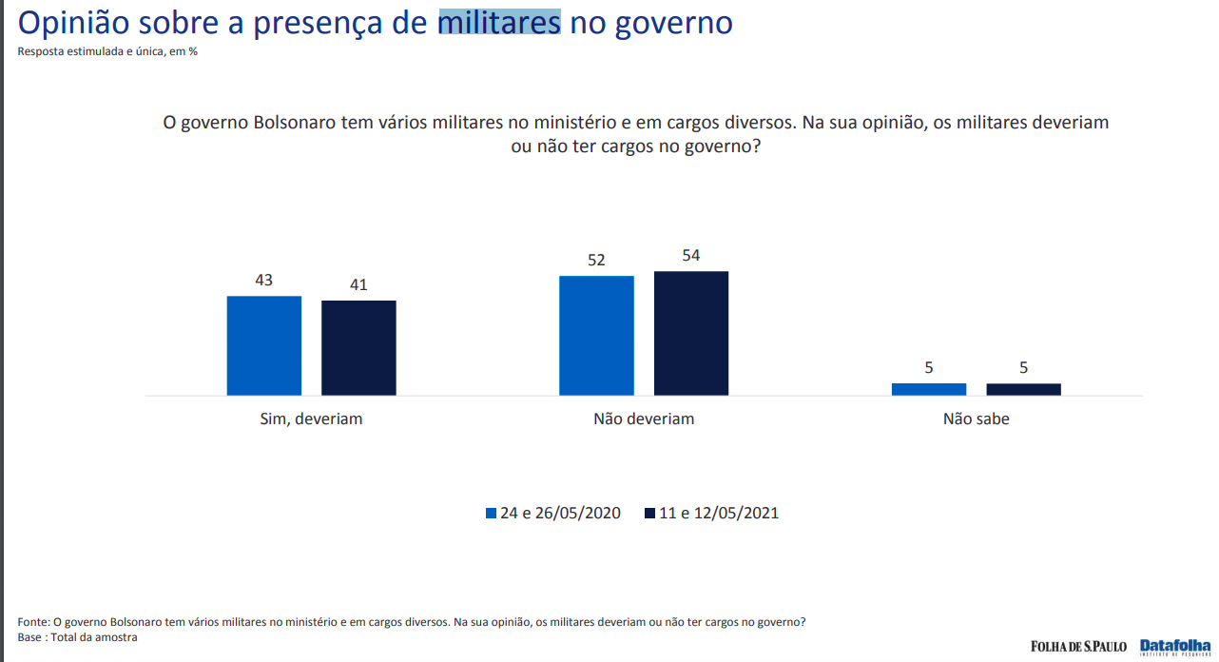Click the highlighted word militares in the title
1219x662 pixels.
pos(498,22)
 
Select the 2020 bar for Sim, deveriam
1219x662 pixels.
pos(263,345)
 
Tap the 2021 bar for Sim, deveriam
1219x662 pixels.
pos(358,347)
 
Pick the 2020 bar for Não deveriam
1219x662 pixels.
pos(596,335)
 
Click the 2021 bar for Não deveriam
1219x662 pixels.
pos(691,333)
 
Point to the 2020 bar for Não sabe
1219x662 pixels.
pos(929,389)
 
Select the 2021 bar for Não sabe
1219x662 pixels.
pos(1023,389)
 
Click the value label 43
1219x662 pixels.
pos(263,281)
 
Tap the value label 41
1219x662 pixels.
pos(358,284)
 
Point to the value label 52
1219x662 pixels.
pos(596,260)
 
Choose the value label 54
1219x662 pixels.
pos(691,255)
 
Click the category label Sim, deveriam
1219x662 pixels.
pos(311,419)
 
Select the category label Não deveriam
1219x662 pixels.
pos(644,419)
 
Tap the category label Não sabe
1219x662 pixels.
pos(976,419)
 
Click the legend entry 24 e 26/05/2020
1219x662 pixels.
pos(553,514)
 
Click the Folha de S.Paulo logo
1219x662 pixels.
pos(1078,647)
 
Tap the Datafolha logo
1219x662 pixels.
pos(1175,646)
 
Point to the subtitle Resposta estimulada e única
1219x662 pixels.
pos(107,51)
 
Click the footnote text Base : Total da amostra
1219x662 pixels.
pos(78,637)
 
